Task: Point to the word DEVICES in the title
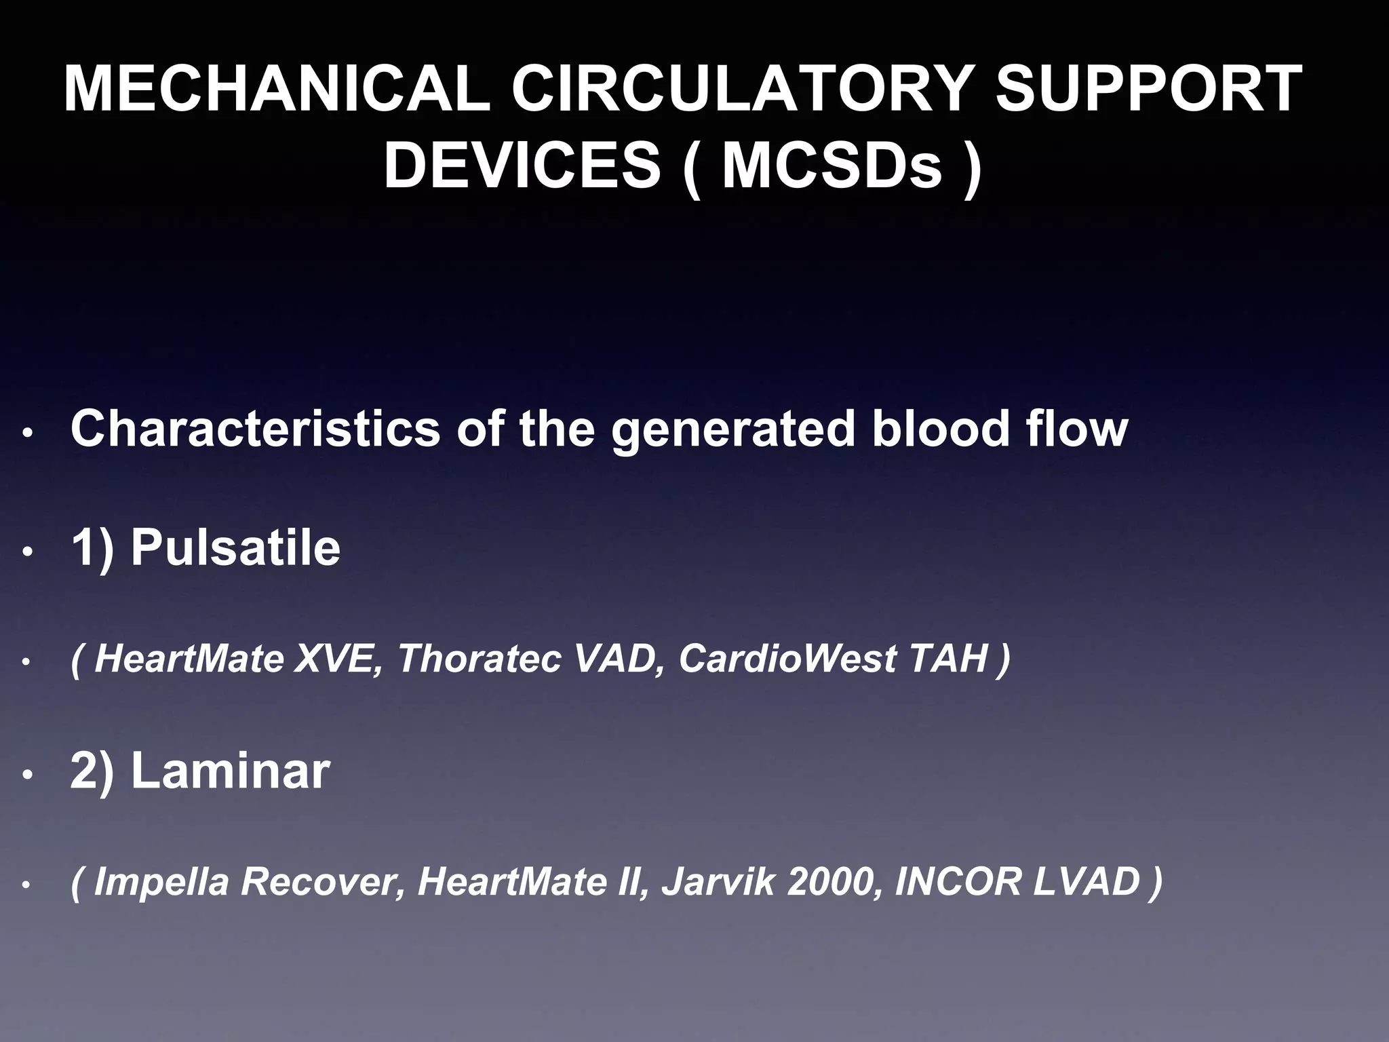(x=522, y=166)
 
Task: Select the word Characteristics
(x=255, y=429)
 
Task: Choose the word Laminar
(x=230, y=771)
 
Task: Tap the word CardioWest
(x=787, y=658)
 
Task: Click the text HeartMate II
(x=529, y=881)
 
